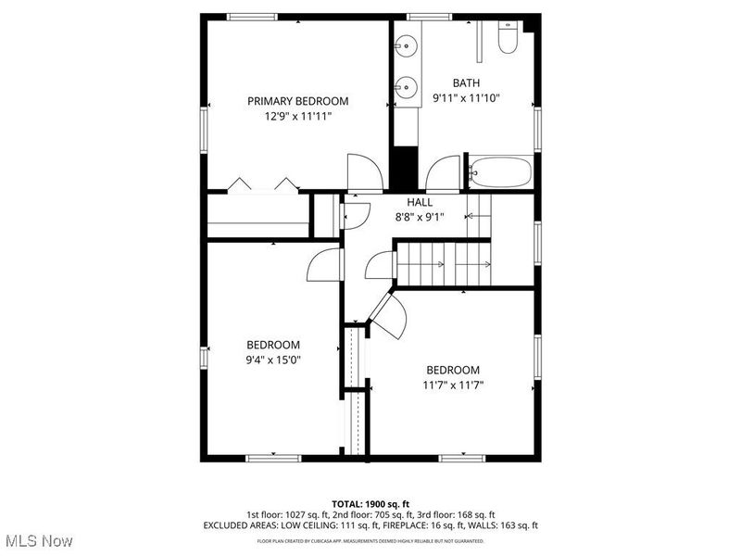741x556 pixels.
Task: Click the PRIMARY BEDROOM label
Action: [x=297, y=101]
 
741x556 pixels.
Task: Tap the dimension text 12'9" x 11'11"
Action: [x=297, y=117]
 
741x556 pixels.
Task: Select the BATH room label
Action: [x=466, y=82]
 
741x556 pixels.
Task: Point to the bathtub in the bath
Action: [x=500, y=172]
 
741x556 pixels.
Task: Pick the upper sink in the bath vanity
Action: [x=407, y=44]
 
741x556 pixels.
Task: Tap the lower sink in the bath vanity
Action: [x=407, y=88]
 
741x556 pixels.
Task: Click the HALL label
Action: [x=420, y=202]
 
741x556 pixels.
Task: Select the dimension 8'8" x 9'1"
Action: [x=420, y=218]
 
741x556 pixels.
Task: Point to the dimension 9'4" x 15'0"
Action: [x=272, y=360]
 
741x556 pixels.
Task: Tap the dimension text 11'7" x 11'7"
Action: [x=453, y=385]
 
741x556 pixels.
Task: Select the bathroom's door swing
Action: [x=445, y=173]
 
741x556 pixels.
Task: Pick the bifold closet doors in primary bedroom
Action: [x=263, y=184]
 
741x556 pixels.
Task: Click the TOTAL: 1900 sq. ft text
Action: [x=370, y=503]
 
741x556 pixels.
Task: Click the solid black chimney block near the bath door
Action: [x=404, y=167]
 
